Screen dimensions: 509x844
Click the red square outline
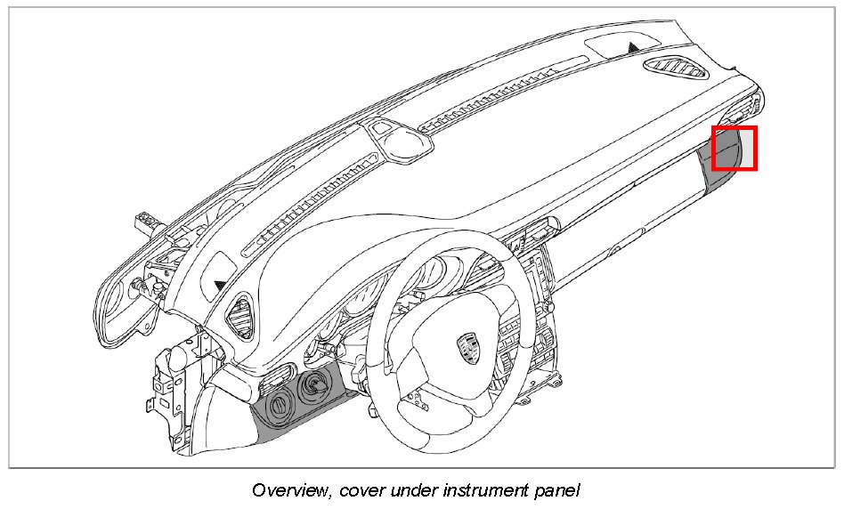(734, 149)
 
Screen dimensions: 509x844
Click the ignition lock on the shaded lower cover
(314, 385)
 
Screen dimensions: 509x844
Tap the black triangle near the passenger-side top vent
(633, 45)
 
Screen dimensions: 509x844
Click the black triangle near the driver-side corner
(220, 284)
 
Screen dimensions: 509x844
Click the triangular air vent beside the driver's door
(241, 317)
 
